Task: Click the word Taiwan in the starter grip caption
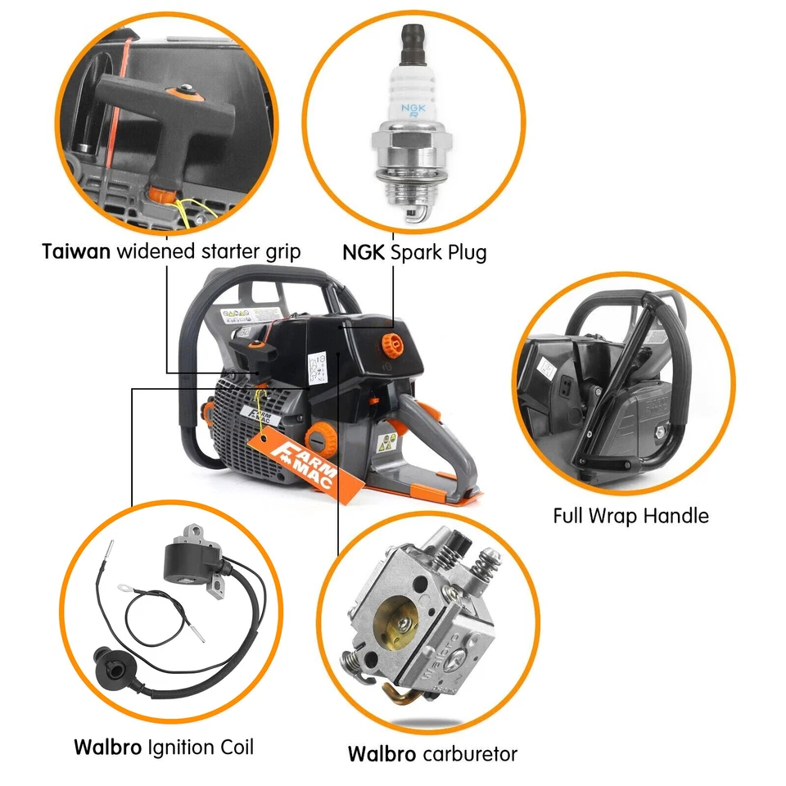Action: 76,251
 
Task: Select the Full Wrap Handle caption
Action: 630,516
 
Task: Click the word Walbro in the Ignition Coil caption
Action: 107,747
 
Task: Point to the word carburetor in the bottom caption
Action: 469,753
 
